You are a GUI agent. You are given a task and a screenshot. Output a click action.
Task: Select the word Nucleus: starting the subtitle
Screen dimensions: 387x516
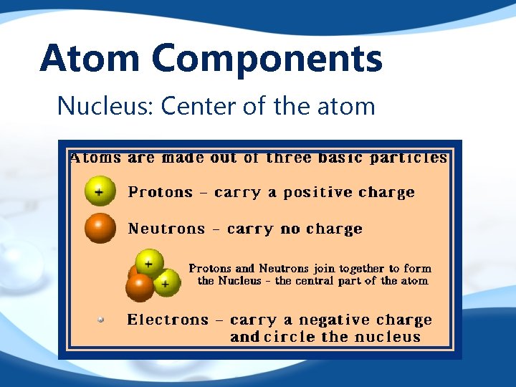[105, 106]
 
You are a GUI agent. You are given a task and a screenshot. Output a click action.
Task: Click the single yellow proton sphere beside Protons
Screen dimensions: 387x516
[100, 191]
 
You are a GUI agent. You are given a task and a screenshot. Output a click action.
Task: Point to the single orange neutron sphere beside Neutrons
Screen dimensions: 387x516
[100, 228]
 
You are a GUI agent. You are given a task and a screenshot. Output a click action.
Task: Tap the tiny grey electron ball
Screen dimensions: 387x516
[101, 320]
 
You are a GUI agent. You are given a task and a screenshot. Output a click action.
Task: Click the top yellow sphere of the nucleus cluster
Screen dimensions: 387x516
[149, 264]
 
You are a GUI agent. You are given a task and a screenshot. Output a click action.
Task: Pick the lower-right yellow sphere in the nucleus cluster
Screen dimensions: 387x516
[166, 283]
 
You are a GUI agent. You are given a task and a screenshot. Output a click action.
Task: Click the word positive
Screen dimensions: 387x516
[318, 192]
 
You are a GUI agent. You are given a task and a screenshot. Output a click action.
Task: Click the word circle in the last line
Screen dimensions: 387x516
[290, 337]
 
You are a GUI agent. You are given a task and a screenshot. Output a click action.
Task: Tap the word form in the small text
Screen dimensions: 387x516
[418, 269]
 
